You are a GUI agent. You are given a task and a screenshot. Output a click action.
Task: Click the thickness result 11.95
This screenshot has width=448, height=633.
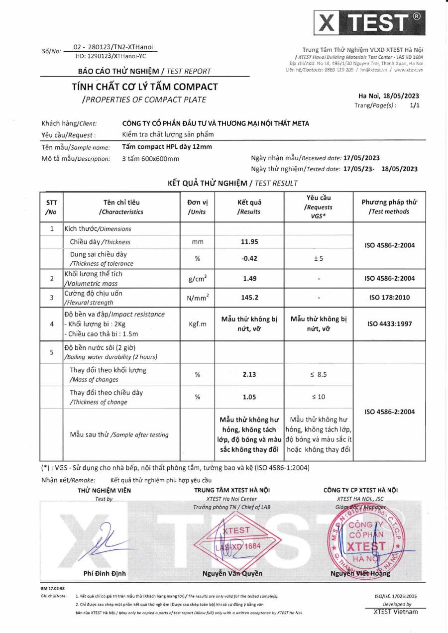[x=249, y=242]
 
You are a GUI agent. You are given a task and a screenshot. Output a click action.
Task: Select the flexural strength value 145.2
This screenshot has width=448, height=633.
[x=249, y=298]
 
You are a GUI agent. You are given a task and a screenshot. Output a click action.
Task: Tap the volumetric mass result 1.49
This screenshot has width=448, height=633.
[x=249, y=278]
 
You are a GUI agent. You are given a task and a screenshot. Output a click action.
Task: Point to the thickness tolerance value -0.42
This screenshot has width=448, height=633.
[x=249, y=258]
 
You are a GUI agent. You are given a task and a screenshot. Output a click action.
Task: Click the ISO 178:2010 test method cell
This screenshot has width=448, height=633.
[x=389, y=298]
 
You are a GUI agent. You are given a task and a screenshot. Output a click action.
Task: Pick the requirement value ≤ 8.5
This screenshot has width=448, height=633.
[x=319, y=374]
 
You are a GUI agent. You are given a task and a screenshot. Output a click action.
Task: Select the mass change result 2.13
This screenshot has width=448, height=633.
[x=249, y=374]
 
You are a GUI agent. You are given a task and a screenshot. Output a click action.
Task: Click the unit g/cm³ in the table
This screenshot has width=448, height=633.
[x=197, y=278]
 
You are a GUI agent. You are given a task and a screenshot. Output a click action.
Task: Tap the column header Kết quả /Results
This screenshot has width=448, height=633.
[x=249, y=207]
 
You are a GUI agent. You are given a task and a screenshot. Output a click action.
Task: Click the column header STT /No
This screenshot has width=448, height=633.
[x=51, y=207]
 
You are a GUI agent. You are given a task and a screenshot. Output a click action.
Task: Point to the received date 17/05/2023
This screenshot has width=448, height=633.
[x=358, y=158]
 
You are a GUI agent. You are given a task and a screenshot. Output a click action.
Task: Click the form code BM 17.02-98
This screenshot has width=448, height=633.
[x=52, y=588]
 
